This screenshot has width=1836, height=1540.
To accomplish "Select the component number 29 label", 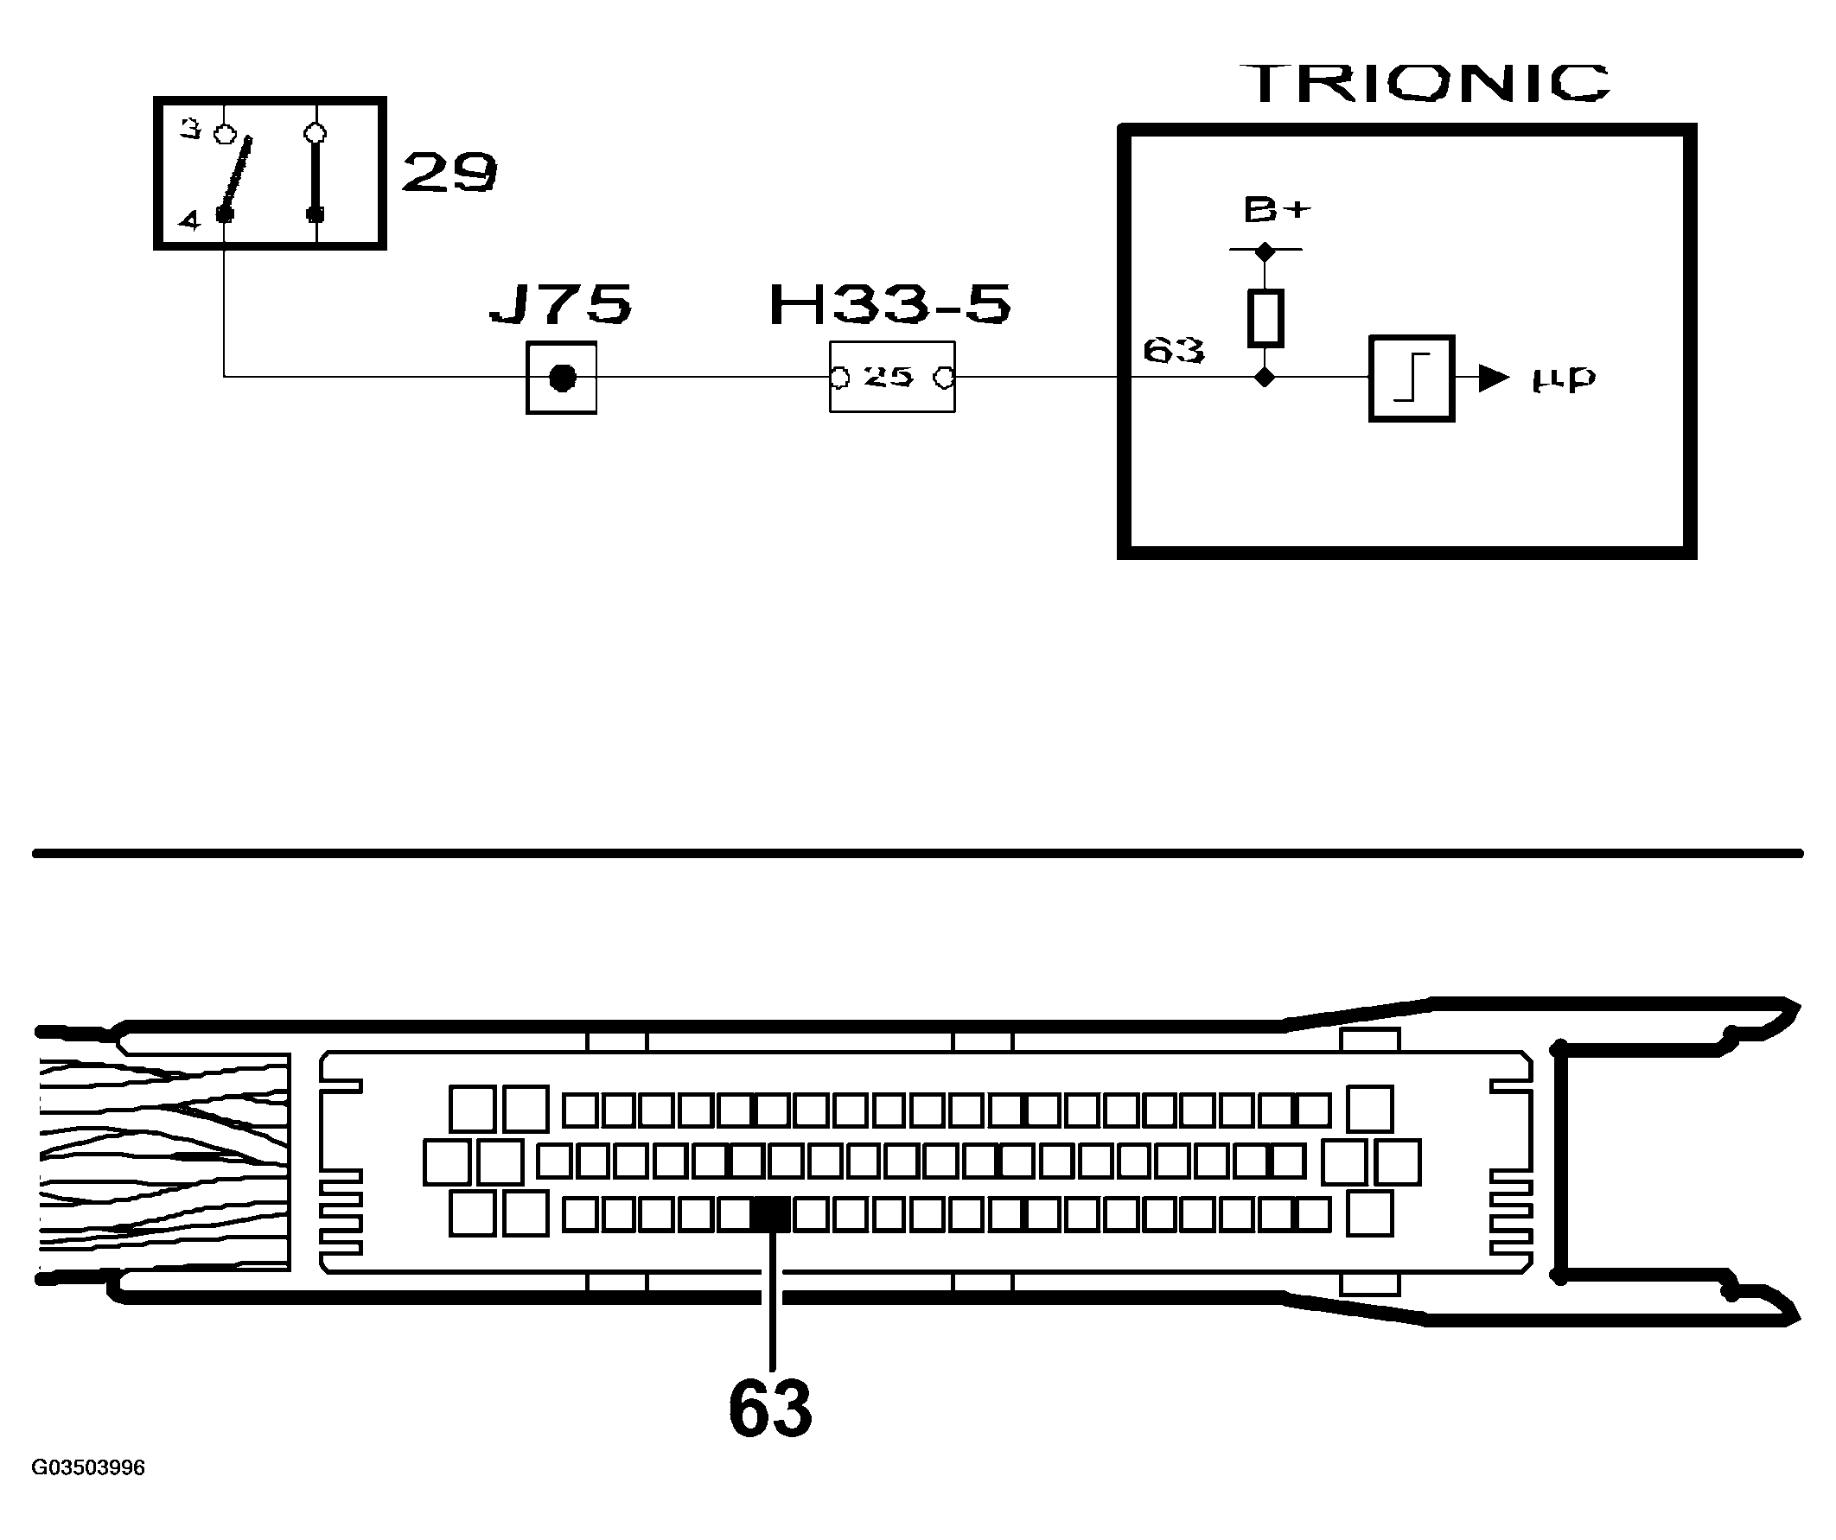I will pos(449,172).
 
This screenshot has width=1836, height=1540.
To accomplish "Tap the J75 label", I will pos(560,304).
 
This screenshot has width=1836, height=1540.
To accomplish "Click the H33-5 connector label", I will pos(889,304).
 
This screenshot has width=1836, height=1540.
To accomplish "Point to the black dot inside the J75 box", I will pos(562,379).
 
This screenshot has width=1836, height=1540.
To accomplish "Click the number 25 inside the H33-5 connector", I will pos(889,377).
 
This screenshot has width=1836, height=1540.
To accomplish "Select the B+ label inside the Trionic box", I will pos(1278,210).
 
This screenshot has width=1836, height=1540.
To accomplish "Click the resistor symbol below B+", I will pos(1265,318).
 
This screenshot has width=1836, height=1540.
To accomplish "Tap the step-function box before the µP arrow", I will pos(1411,379).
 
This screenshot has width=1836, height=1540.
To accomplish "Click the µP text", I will pos(1564,379).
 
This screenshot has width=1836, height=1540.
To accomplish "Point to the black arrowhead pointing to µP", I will pos(1494,379).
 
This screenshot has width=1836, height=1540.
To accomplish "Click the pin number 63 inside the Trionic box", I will pos(1173,351).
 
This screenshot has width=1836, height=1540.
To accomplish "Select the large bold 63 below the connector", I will pos(770,1409).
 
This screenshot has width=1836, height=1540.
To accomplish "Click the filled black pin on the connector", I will pos(771,1215).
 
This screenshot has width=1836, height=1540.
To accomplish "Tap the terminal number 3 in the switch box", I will pos(190,130).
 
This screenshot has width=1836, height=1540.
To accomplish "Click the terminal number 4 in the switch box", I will pos(188,220).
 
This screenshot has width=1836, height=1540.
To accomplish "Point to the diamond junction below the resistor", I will pos(1265,378).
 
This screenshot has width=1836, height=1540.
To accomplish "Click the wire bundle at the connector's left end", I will pos(164,1161).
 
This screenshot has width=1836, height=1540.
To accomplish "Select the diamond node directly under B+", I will pos(1265,251).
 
